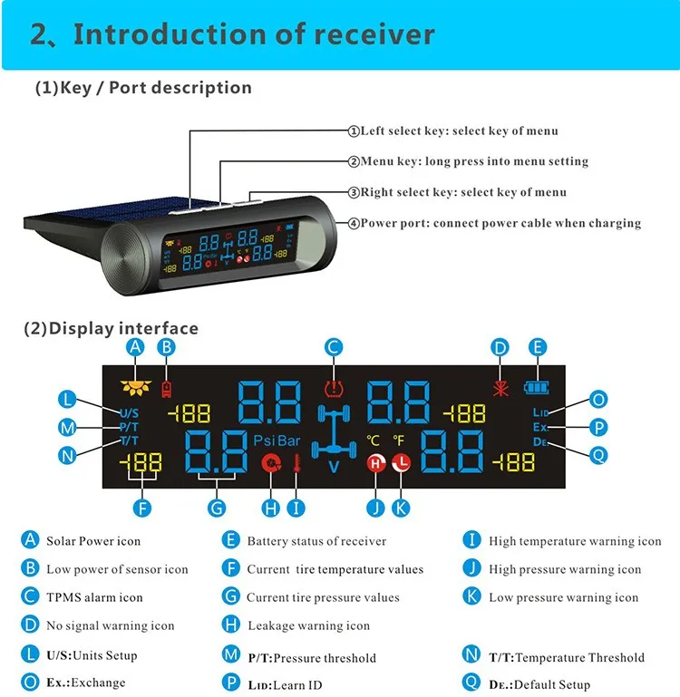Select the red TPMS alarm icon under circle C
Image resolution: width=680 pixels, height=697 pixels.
pos(335,391)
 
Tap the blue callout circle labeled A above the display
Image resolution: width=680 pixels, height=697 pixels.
pos(135,346)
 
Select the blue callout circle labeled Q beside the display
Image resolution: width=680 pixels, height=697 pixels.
pos(597,455)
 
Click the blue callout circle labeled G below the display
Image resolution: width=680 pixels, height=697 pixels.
pos(217,508)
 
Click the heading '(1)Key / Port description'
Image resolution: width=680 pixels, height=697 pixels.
pos(143,88)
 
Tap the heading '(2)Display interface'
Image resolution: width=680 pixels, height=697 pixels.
pos(111,328)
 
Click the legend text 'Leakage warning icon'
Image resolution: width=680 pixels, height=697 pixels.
pos(308,625)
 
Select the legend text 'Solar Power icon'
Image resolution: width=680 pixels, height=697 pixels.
pos(93,541)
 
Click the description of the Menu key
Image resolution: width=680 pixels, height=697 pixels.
pos(474,161)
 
